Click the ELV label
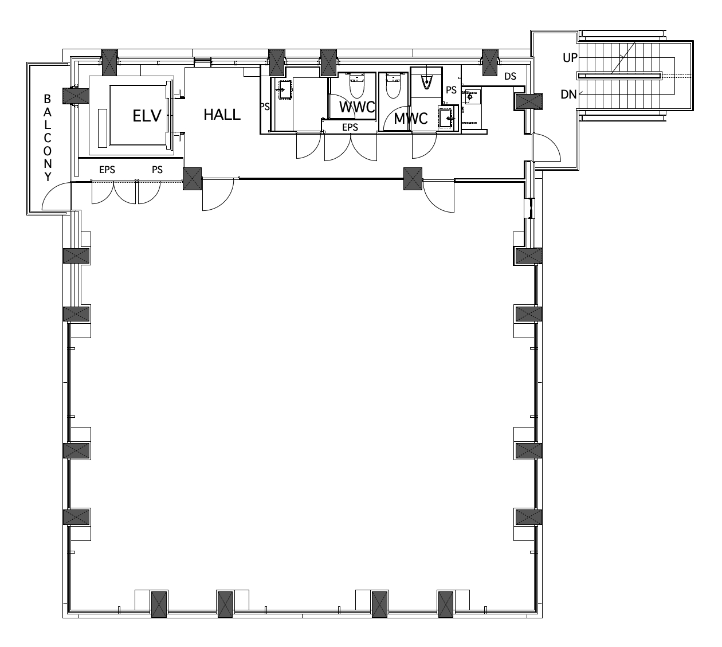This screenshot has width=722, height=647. point(147,116)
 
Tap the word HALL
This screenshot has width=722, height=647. point(222,115)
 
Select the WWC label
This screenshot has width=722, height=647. point(357,107)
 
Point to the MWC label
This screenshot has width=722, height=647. point(410,119)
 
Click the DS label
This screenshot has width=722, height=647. point(511,76)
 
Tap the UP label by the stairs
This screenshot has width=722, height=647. point(570,58)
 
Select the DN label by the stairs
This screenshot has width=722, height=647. point(568,95)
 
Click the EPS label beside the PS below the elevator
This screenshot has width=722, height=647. point(107,170)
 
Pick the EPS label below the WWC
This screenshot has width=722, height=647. point(350,127)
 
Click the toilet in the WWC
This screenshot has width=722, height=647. point(357,85)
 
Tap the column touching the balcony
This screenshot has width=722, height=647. point(76,96)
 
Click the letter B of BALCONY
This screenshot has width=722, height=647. point(47,99)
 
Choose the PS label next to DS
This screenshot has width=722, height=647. point(451,90)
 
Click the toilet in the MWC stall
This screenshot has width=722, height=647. point(393,86)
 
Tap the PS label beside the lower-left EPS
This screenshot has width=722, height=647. point(157,170)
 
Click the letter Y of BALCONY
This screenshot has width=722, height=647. point(48,177)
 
